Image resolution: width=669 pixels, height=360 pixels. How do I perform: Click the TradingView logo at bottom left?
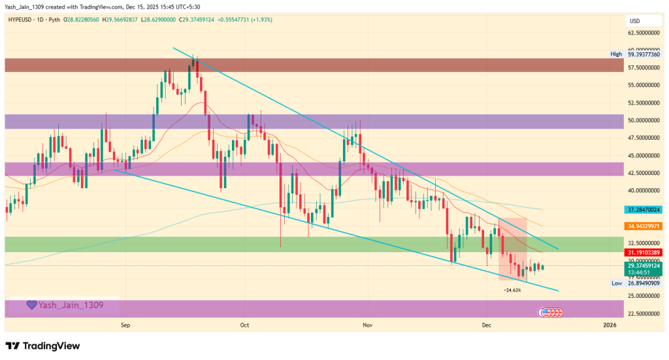43,346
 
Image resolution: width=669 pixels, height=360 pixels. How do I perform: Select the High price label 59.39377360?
644,54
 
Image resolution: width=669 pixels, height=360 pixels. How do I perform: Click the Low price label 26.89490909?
644,284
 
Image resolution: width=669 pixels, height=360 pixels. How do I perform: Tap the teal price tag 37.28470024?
644,210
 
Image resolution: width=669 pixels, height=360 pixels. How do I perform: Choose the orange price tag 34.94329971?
644,226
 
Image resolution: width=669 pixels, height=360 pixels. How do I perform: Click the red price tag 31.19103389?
644,252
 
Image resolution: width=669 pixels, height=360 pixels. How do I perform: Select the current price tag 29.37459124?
644,266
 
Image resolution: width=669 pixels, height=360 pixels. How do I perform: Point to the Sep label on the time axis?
126,324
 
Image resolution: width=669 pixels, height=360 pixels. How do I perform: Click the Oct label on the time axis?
245,324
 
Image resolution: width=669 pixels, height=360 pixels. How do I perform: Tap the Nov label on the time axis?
367,324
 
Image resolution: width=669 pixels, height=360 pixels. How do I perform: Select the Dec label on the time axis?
486,324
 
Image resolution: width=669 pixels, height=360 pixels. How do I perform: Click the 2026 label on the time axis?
609,324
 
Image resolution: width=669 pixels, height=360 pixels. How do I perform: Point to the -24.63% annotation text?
512,290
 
